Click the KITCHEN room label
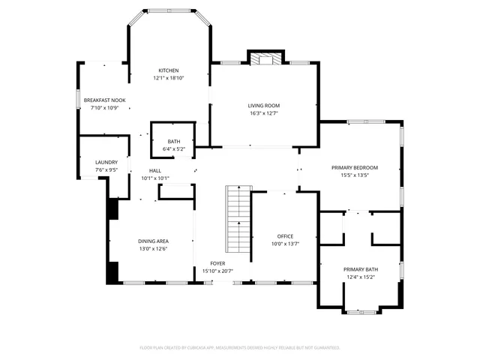click(168, 70)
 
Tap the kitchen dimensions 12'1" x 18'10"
click(168, 77)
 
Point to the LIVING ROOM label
click(264, 106)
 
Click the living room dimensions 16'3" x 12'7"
click(264, 113)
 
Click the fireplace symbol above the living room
click(266, 60)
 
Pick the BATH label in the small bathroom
click(173, 142)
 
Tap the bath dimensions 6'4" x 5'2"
click(173, 149)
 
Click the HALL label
click(155, 171)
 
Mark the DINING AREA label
click(152, 241)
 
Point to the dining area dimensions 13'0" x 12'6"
click(152, 248)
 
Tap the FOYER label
click(217, 263)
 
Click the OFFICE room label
click(285, 236)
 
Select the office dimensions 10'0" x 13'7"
click(285, 244)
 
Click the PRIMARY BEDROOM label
click(355, 167)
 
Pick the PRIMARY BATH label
click(361, 269)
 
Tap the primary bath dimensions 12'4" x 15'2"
click(361, 277)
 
